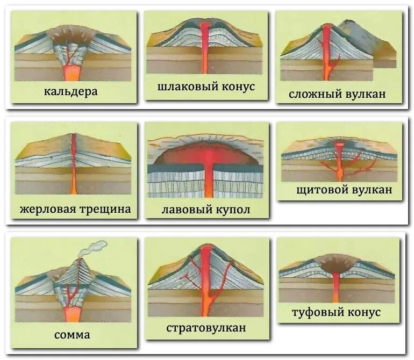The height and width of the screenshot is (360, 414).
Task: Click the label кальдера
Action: [x=71, y=91]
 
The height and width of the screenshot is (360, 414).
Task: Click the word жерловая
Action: [x=46, y=209]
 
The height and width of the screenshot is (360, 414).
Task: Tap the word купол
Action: [x=231, y=210]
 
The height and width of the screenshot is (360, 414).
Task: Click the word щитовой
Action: [x=320, y=190]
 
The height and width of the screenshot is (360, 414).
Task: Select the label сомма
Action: [x=72, y=335]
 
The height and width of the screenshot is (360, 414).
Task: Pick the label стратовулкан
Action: [x=206, y=327]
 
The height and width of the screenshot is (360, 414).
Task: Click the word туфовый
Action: [x=313, y=312]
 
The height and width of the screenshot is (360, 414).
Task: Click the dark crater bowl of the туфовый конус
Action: [x=336, y=263]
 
